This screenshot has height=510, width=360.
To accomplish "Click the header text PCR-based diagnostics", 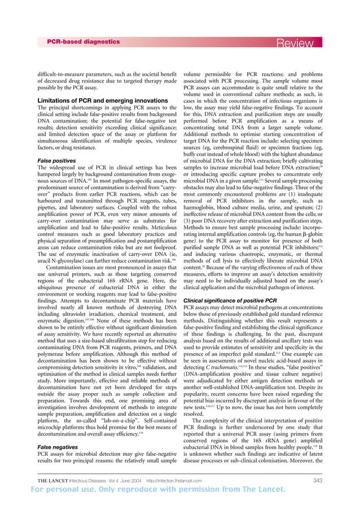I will (83, 42).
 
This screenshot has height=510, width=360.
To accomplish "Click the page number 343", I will (322, 482).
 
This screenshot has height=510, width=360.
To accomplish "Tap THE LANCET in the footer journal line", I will (55, 482).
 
